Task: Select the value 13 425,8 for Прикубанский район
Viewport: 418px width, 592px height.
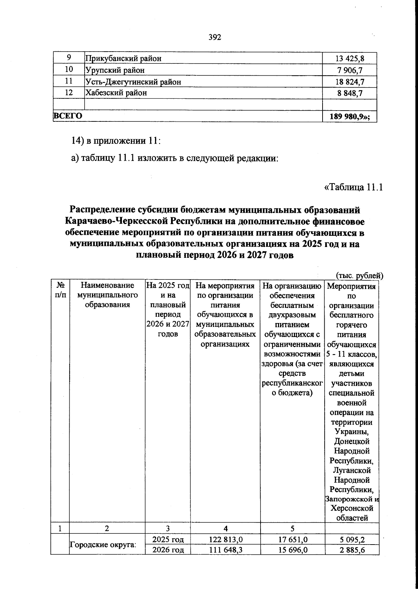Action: [x=350, y=59]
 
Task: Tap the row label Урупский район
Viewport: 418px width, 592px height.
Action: [x=115, y=70]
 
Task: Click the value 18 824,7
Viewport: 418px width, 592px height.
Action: [x=350, y=82]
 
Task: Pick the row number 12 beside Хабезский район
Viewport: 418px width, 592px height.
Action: [x=69, y=93]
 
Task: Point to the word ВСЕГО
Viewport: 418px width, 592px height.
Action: [x=68, y=116]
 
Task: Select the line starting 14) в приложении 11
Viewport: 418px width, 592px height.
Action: [x=116, y=141]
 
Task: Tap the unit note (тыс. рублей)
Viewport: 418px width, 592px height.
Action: [x=359, y=276]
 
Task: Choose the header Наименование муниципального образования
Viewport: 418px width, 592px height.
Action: [x=107, y=295]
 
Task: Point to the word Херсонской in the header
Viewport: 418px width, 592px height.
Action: [x=352, y=508]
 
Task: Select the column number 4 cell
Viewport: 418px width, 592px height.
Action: [x=225, y=528]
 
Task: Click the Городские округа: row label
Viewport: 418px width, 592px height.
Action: [x=103, y=544]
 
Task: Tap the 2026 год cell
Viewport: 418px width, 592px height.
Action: [x=168, y=550]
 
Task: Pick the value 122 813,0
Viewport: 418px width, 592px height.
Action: [x=225, y=540]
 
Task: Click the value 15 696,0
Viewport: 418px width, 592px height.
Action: [x=292, y=550]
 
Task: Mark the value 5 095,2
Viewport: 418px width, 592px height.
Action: [x=352, y=540]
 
